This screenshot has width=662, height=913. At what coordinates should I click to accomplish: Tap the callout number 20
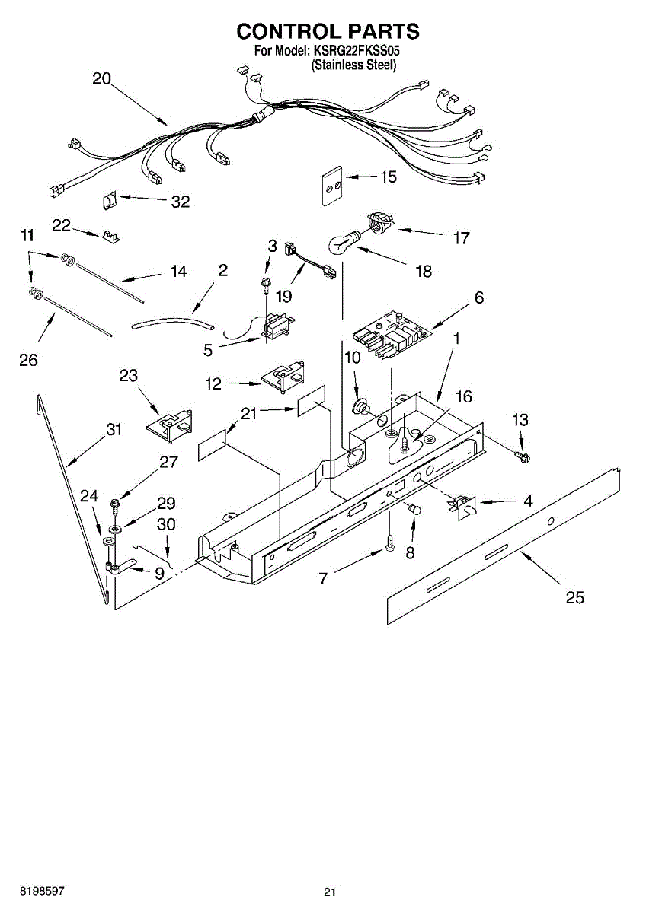101,78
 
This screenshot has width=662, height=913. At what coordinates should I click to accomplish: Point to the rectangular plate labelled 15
330,185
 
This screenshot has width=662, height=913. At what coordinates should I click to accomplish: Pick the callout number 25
575,597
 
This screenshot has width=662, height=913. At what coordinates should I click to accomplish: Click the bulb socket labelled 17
379,222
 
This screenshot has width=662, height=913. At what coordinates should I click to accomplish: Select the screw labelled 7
390,543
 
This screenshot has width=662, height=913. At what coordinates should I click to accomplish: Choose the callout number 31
114,430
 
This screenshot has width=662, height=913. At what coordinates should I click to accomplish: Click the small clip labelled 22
111,236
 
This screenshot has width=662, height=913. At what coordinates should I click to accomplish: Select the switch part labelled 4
462,505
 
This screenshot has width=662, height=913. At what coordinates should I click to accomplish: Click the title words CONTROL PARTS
328,31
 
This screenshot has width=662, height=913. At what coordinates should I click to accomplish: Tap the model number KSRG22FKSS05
356,52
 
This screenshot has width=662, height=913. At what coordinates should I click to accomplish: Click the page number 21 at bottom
329,892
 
